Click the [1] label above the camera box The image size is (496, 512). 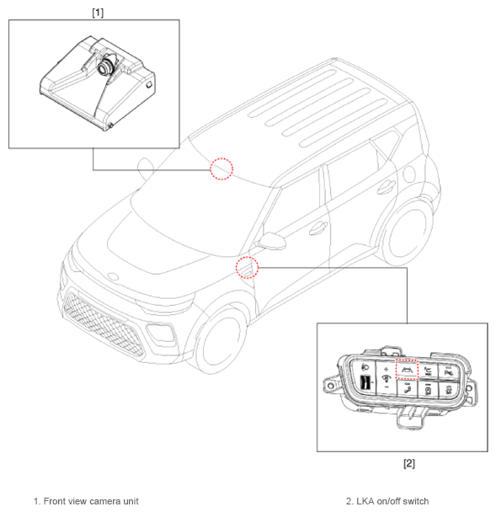pos(98,13)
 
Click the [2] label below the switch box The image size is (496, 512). pos(408,463)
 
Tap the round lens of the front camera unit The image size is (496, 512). pos(104,67)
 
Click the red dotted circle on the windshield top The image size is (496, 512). pos(221,168)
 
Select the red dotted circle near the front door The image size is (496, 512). pos(248,268)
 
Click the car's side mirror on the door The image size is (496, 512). pos(272,241)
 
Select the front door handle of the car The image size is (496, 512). pos(318,227)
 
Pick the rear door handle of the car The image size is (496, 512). pos(386,187)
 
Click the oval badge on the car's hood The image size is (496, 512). pos(113,276)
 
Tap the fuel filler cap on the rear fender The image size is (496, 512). pos(409,173)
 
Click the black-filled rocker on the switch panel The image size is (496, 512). pos(365,382)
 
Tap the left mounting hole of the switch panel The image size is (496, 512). pos(331,386)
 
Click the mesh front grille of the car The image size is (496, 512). pos(103,324)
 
